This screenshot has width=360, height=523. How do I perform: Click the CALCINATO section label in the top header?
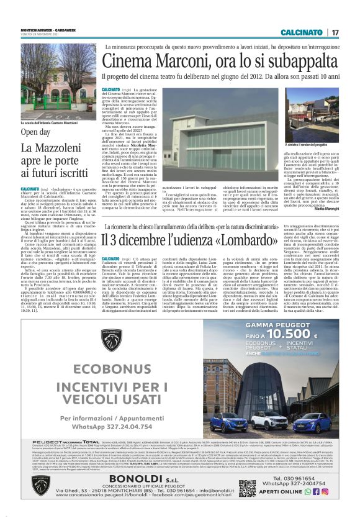click(302, 32)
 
